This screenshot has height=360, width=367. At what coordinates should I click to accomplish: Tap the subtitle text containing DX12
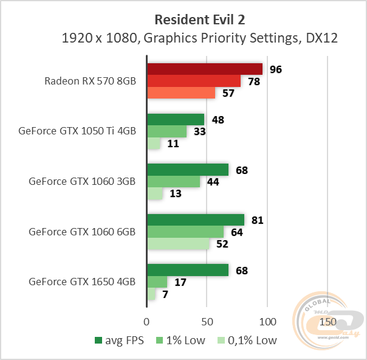tap(200, 38)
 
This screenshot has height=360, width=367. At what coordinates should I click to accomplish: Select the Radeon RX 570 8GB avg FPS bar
tap(205, 69)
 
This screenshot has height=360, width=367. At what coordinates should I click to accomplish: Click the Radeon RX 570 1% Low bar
tap(194, 81)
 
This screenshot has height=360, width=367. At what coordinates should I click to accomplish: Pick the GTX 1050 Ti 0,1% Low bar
tap(154, 144)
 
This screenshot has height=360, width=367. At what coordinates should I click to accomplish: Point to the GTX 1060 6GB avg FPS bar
tap(196, 220)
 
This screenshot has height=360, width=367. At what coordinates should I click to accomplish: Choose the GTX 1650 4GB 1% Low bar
tap(157, 282)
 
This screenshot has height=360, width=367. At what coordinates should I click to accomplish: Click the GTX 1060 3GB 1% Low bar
tap(174, 181)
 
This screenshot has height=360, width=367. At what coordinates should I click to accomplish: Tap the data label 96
tap(276, 69)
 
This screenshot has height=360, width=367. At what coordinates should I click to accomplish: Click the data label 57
tap(228, 93)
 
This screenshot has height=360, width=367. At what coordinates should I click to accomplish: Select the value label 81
tap(257, 220)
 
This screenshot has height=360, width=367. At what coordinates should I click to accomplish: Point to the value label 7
tap(165, 294)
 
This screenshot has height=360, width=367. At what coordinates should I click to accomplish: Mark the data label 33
tap(200, 131)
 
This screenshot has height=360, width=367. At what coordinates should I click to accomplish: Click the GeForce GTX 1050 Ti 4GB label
tap(77, 131)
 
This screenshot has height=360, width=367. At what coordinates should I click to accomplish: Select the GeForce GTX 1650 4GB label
tap(82, 282)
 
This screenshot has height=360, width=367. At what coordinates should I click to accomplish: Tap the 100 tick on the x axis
tap(267, 321)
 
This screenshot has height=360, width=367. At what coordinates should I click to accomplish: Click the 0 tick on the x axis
tap(147, 321)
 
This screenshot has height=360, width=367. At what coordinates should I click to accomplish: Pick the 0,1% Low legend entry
tap(247, 341)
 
